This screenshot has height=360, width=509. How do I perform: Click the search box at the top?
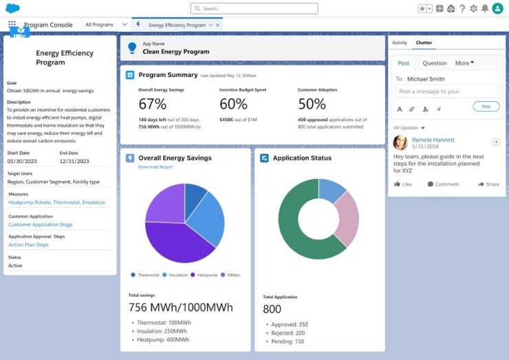coord(254,8)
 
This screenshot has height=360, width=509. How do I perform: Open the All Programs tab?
coord(99,25)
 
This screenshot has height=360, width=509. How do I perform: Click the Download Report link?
coord(155,167)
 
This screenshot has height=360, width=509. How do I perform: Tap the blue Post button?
coord(486,107)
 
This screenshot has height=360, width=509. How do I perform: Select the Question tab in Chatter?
coord(434,63)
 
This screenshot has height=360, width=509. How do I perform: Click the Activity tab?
coord(400,43)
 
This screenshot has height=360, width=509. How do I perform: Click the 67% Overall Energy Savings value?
coord(153,104)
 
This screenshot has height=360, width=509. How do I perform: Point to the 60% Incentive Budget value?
coord(234,104)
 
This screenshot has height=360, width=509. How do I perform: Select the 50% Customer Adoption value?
coord(312,104)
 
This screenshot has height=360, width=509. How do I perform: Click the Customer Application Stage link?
coord(40,225)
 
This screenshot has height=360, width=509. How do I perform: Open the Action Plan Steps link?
coord(28,245)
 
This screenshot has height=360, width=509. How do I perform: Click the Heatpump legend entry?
coord(206,275)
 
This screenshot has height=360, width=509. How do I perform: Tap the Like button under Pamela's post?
coord(403,184)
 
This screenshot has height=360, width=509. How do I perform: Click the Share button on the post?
coord(488,184)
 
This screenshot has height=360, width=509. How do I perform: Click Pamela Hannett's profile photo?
coord(400,142)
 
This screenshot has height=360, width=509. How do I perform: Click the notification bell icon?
coord(485,8)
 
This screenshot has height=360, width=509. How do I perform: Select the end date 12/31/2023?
coord(74,161)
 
